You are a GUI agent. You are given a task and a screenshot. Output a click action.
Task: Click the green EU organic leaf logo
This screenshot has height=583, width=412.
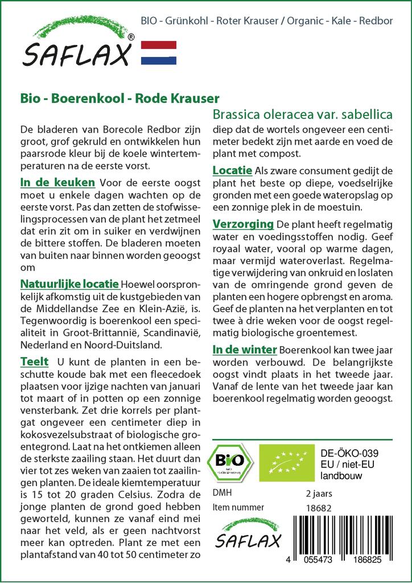tap(283, 462)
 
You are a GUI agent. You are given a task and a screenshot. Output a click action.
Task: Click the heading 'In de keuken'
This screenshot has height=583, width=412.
tap(57, 183)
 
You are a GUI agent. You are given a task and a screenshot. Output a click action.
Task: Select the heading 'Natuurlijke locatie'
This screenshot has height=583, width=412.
tap(69, 284)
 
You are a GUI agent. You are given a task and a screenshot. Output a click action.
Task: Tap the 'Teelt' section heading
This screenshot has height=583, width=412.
tap(34, 362)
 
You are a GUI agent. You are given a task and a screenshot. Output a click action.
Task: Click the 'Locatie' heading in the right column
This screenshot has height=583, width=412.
tap(232, 170)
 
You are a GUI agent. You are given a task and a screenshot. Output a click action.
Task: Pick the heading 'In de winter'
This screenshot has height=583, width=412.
tap(245, 349)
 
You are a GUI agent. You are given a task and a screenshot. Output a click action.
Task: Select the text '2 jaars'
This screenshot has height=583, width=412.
tap(319, 493)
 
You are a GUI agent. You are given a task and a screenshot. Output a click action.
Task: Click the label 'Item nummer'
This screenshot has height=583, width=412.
tap(238, 507)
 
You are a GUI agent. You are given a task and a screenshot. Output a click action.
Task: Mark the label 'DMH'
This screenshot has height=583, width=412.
tap(222, 493)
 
